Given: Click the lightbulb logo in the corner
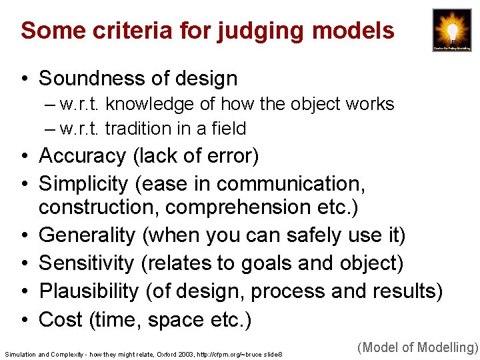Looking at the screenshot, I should [451, 30].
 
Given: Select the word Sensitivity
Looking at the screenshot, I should [87, 263].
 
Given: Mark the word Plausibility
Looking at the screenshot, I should [89, 291].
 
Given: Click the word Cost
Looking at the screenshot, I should [61, 320].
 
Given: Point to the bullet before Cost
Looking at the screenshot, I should [24, 321].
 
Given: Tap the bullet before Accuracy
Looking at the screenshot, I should [24, 157].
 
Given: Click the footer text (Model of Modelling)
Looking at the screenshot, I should [418, 347].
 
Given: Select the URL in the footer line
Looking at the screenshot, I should [227, 354].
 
